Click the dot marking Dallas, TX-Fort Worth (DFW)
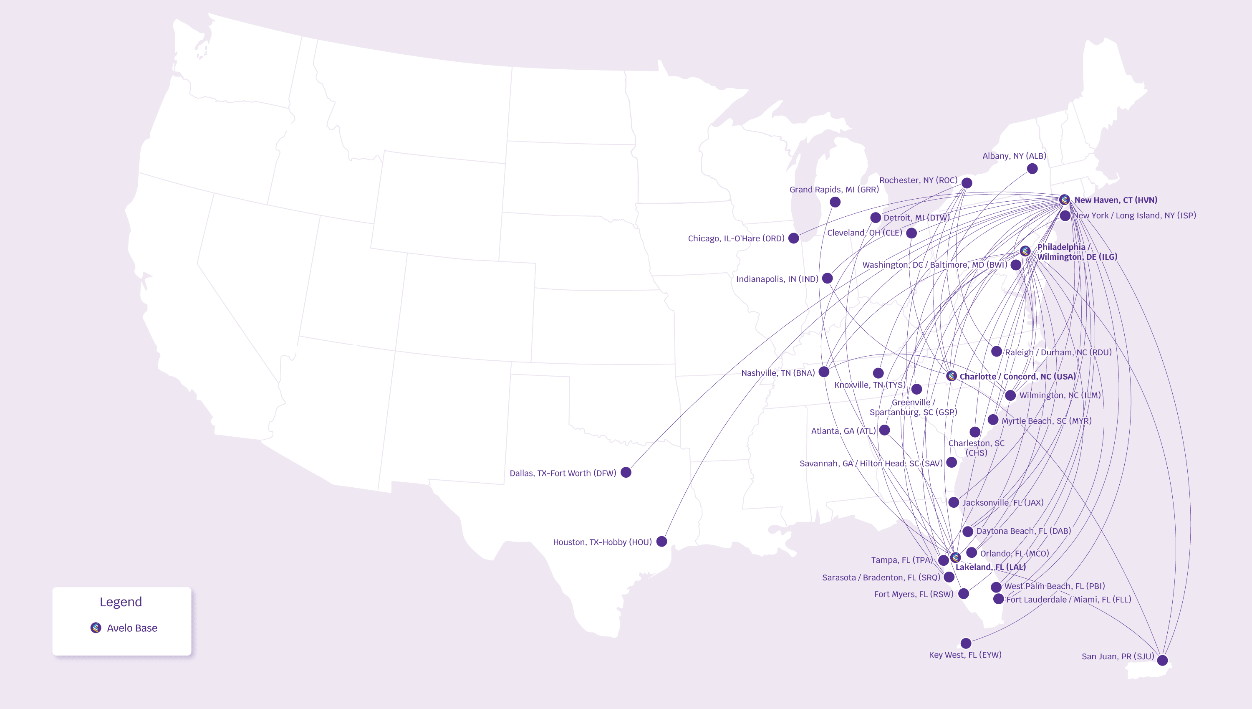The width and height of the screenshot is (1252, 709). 626,472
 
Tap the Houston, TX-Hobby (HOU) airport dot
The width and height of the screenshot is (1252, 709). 662,542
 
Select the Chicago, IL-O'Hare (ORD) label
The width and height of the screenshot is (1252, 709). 736,238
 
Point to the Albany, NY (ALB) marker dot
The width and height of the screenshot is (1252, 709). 1032,169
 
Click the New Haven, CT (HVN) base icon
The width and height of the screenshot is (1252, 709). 1064,200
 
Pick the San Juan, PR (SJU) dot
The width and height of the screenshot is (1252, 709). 1162,660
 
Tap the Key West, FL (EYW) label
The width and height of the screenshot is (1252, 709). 965,655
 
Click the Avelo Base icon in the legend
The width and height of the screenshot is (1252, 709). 96,628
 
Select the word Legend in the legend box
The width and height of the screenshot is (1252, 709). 121,602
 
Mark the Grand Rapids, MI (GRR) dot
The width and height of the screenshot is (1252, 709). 835,202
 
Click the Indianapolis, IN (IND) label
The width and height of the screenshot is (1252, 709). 777,279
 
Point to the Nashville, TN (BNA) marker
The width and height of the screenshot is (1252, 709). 824,372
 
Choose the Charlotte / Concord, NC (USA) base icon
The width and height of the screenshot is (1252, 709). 951,376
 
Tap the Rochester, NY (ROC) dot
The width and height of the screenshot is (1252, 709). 967,183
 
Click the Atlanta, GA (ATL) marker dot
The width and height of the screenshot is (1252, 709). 885,430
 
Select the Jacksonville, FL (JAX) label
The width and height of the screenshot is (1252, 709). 1003,503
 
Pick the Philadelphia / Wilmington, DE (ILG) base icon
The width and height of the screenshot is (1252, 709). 1025,251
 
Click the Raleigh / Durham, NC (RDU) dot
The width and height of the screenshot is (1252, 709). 997,351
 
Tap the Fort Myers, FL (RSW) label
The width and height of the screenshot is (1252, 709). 913,594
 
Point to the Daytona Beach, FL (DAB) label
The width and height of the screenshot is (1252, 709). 1023,531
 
